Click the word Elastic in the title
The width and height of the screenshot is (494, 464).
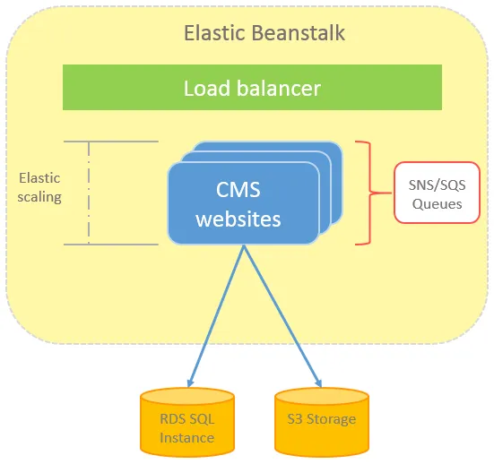point(214,33)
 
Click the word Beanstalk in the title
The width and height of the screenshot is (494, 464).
point(299,33)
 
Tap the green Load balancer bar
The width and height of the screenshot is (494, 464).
point(252,88)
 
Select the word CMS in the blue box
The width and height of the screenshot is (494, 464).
point(238,190)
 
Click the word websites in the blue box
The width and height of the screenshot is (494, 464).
point(238,219)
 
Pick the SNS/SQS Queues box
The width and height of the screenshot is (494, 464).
point(437,193)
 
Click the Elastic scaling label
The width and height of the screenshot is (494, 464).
point(39,187)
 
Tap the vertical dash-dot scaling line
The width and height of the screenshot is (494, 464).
point(89,193)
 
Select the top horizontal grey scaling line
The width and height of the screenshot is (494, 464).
point(111,142)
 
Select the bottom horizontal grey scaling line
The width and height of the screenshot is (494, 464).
point(111,245)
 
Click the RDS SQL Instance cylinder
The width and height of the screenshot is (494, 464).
point(187,422)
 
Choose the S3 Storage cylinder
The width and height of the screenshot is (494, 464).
point(322,422)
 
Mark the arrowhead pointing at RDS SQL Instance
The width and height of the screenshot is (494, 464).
point(190,382)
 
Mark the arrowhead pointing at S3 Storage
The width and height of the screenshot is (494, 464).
point(318,382)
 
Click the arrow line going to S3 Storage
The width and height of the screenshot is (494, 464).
point(282,316)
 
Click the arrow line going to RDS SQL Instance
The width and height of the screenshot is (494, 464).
point(215,316)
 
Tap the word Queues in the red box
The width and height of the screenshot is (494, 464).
point(437,204)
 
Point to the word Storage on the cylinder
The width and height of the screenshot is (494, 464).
point(332,419)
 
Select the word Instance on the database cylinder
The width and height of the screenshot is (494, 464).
point(187,438)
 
